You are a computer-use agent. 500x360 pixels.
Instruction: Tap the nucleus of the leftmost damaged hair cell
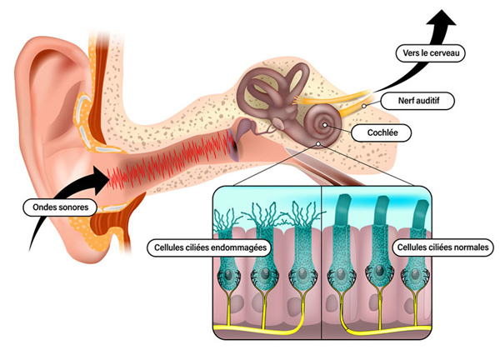(x=227, y=274)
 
